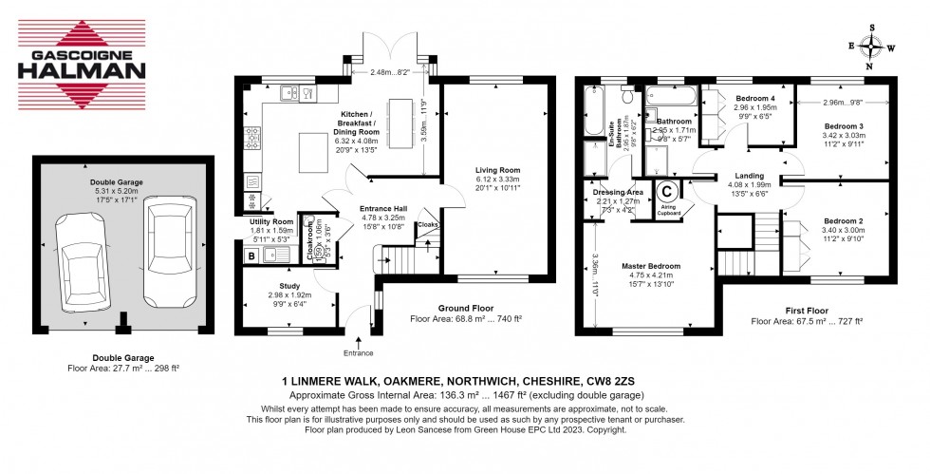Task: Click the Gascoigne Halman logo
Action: [83, 57]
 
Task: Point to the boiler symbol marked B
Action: [251, 255]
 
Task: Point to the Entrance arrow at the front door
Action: [359, 334]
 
